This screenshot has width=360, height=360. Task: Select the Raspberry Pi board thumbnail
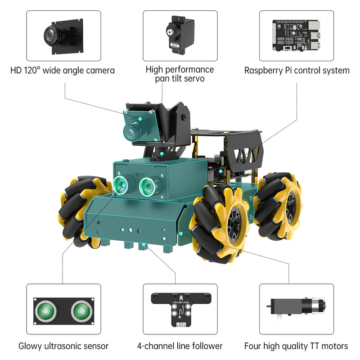(x=297, y=36)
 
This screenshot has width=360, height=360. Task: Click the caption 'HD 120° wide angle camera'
(x=63, y=71)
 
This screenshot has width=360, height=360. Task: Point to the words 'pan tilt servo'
(x=180, y=79)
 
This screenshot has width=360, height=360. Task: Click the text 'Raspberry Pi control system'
(x=297, y=71)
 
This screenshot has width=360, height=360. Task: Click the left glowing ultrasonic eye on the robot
(x=121, y=184)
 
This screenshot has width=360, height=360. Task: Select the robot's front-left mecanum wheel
(x=81, y=211)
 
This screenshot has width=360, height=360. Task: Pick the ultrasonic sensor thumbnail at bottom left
(x=63, y=310)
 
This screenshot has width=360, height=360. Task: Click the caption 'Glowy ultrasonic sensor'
(x=63, y=346)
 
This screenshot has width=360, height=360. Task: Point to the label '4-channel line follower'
(x=180, y=346)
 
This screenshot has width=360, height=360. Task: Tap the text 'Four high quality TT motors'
(x=296, y=346)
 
